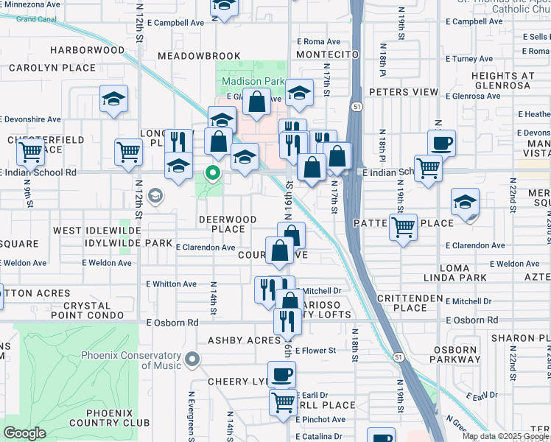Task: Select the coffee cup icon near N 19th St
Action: (x=441, y=143)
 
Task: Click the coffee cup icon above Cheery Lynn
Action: (x=281, y=374)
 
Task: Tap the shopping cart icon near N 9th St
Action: (x=30, y=152)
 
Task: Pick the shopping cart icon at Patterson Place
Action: (x=403, y=227)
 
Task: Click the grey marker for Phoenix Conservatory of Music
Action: (x=192, y=359)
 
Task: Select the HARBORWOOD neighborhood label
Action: (x=87, y=50)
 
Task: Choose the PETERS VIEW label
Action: (x=403, y=92)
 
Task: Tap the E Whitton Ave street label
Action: (x=171, y=284)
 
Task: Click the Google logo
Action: (x=25, y=433)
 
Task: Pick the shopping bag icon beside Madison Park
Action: (x=257, y=104)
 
